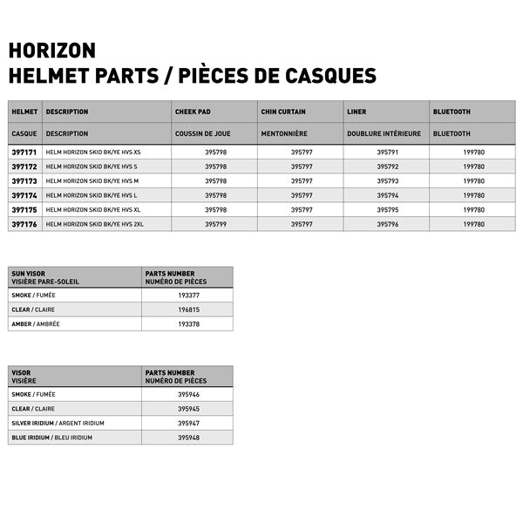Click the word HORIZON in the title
tap(51, 50)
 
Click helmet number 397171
tap(24, 152)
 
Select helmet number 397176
tap(24, 224)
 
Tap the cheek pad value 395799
tap(215, 224)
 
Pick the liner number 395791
tap(387, 152)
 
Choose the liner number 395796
tap(387, 224)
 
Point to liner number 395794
tap(387, 195)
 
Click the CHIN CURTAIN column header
tap(282, 112)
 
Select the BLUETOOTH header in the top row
tap(451, 112)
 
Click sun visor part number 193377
tap(188, 295)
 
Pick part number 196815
tap(188, 309)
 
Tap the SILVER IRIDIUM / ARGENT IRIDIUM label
tap(58, 423)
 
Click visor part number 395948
tap(188, 437)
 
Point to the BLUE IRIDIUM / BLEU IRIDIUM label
tap(51, 437)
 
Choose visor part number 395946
tap(188, 394)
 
